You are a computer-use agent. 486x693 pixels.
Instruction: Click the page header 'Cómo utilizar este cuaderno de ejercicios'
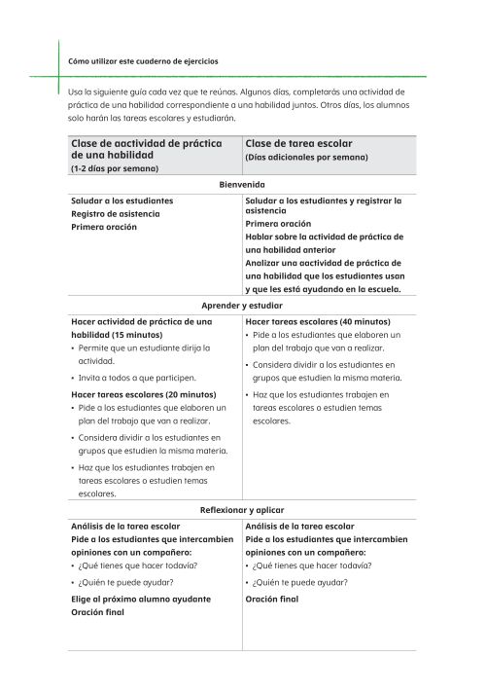coord(143,61)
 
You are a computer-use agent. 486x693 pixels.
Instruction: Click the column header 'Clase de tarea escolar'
coord(298,144)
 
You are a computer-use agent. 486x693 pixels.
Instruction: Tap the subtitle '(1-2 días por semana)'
coord(114,168)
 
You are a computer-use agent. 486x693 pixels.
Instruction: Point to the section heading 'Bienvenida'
coord(244,184)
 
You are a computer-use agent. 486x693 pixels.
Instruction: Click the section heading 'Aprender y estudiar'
coord(242,305)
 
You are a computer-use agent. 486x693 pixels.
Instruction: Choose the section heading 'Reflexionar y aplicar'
coord(242,510)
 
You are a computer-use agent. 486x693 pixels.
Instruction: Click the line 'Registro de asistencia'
coord(116,214)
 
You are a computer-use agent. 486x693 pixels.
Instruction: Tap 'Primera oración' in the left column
coord(104,227)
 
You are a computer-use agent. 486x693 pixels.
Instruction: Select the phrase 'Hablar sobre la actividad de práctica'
coord(325,237)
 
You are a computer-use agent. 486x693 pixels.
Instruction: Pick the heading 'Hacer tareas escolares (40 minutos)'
coord(318,321)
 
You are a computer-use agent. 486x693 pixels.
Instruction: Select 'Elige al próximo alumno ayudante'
coord(141,600)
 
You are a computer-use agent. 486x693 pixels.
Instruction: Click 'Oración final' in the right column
coord(272,600)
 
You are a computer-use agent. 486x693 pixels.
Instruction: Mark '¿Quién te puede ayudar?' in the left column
coord(126,582)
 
